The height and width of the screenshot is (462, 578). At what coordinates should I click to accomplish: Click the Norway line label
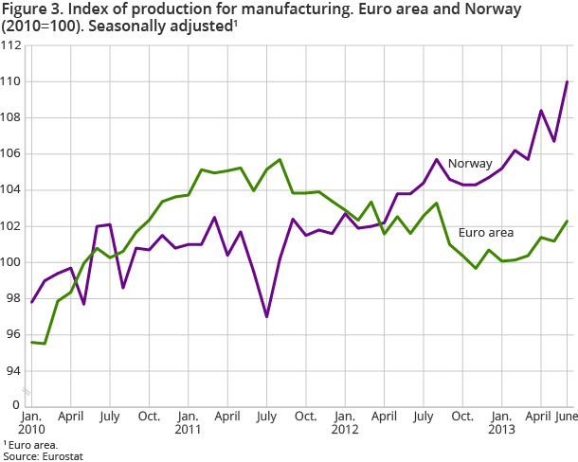click(470, 164)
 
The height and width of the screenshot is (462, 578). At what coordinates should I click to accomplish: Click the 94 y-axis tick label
click(14, 370)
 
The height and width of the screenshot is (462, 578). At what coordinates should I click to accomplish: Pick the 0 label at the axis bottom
click(17, 405)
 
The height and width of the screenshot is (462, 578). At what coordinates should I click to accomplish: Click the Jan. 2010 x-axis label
click(31, 424)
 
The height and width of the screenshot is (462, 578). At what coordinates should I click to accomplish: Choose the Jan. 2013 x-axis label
click(501, 424)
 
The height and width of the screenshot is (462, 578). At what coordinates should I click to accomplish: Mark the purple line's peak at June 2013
click(567, 81)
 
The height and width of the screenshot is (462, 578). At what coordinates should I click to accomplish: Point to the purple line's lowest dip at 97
click(267, 316)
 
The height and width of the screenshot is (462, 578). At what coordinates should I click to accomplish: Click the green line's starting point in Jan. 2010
click(31, 342)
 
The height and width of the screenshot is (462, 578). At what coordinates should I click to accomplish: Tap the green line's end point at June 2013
click(567, 221)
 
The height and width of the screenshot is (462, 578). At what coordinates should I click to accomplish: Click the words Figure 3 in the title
click(29, 9)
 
